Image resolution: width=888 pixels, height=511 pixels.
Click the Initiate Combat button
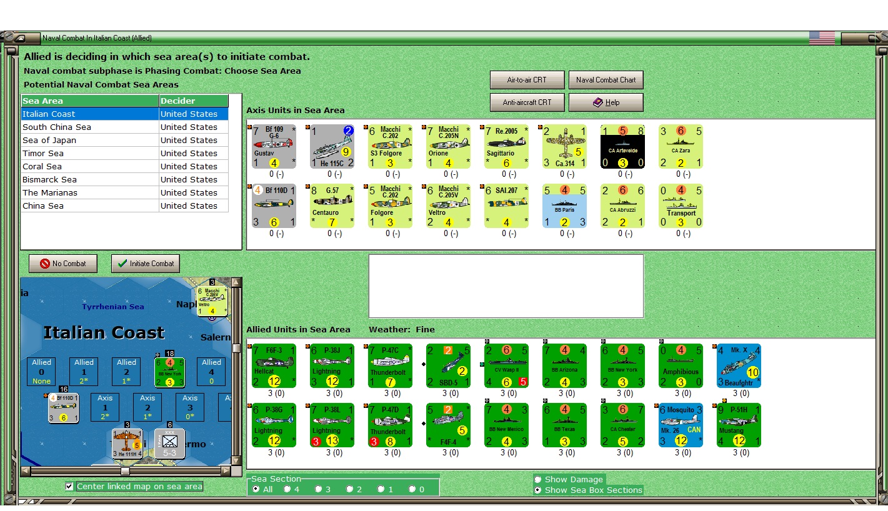pos(146,264)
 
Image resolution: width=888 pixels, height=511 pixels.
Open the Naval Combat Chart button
pos(606,80)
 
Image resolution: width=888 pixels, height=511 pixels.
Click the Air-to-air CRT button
pos(527,80)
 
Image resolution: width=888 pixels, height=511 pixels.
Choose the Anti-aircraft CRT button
pos(527,102)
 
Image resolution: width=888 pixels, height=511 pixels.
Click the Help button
pos(606,102)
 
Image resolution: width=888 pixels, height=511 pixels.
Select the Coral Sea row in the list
pos(42,167)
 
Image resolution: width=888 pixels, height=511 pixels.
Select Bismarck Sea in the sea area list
pos(49,180)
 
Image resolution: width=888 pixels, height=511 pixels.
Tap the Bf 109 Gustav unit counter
pos(274,147)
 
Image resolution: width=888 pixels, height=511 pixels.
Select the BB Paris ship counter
pos(564,206)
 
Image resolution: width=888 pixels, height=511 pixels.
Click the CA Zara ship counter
pos(680,147)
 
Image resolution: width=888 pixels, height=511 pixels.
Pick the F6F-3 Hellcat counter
pos(274,365)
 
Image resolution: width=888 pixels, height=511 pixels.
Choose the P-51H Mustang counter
pos(738,425)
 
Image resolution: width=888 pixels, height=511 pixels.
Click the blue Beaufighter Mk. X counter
pos(738,365)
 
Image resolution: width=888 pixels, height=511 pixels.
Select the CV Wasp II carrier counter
pos(506,365)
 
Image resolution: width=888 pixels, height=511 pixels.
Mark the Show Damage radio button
pos(538,480)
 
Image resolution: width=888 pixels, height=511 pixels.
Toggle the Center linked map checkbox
pos(69,487)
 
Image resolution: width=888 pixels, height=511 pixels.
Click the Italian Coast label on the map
pos(104,332)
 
